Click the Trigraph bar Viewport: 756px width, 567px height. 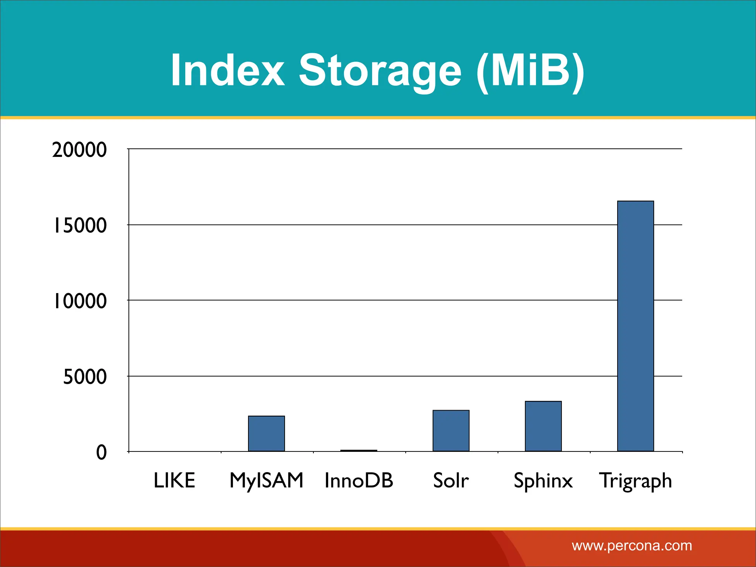[635, 326]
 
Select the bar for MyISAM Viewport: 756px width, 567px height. [266, 433]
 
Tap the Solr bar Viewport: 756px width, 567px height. [451, 430]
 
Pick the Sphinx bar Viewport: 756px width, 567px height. [543, 426]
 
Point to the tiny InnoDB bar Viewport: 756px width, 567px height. [358, 450]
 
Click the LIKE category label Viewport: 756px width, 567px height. [174, 481]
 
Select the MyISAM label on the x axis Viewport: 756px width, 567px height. [266, 481]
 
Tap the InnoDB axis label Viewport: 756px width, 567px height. [359, 481]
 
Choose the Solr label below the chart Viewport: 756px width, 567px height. [451, 481]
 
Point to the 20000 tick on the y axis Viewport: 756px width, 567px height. [79, 150]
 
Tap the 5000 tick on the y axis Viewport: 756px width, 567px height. [85, 377]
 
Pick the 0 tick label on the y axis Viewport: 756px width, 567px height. [102, 453]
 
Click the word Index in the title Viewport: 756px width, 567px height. [227, 70]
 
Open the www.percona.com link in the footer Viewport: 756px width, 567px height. [632, 546]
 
